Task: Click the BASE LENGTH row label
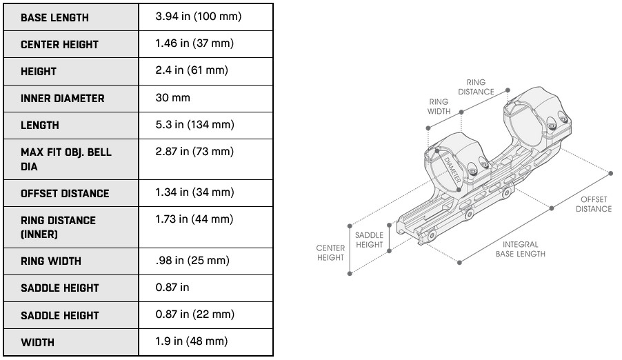pos(54,17)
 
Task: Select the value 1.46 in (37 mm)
pos(195,43)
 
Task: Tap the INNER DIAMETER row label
pos(62,99)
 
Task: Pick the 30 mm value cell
pos(172,98)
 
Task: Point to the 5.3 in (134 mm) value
pos(195,125)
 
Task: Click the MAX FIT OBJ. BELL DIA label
pos(66,159)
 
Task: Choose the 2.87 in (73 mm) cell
pos(195,152)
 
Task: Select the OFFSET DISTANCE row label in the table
pos(65,194)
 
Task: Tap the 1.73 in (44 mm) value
pos(195,219)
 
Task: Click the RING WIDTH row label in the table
pos(51,261)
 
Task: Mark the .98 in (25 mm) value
pos(192,261)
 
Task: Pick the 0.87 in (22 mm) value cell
pos(195,314)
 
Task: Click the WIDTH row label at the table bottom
pos(37,342)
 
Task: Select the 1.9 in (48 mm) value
pos(192,341)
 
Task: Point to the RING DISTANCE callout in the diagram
pos(476,87)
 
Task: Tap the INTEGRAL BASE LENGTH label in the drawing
pos(520,249)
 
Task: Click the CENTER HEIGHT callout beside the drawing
pos(330,252)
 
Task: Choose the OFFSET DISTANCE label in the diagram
pos(594,204)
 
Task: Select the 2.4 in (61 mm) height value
pos(192,70)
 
